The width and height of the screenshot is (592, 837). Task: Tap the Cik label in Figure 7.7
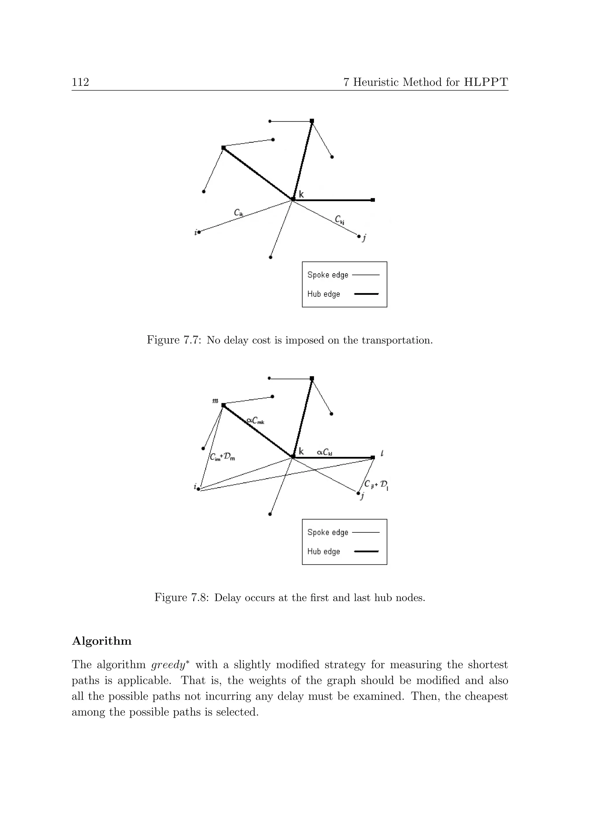(x=239, y=212)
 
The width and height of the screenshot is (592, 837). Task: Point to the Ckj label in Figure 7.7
(x=340, y=220)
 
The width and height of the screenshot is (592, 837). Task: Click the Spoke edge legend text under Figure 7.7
(x=328, y=275)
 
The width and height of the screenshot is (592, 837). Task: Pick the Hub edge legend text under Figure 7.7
(x=324, y=294)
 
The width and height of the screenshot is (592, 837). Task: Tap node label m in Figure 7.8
(x=215, y=401)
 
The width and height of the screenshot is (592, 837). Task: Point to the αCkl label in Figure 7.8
(x=324, y=452)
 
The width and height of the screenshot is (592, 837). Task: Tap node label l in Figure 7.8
(x=382, y=453)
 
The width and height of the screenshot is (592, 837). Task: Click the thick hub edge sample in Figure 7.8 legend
(x=366, y=551)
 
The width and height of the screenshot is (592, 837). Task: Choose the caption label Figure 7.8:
(x=182, y=597)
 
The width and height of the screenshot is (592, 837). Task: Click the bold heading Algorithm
(x=102, y=641)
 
